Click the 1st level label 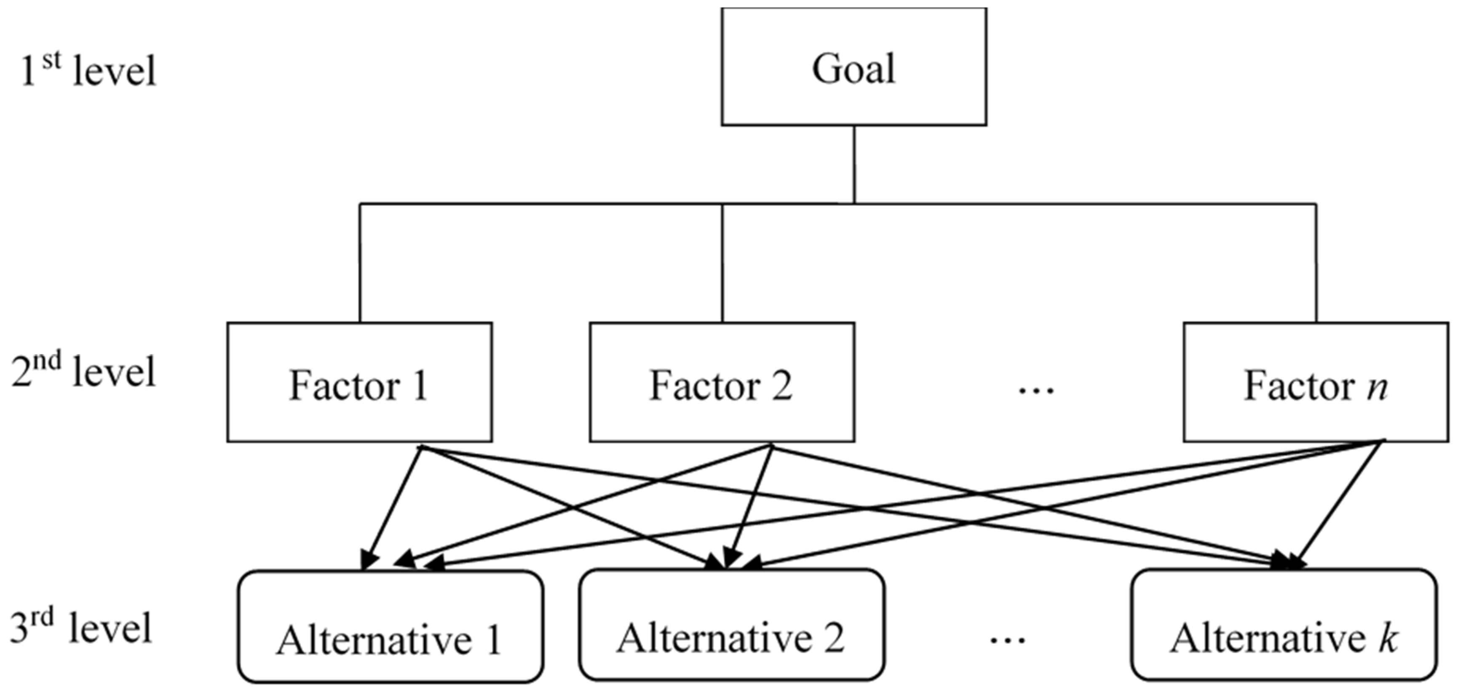88,71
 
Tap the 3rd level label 82,628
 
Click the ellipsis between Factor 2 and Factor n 1036,391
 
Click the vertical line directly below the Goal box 854,164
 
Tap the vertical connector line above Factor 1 360,263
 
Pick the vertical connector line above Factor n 1315,263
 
